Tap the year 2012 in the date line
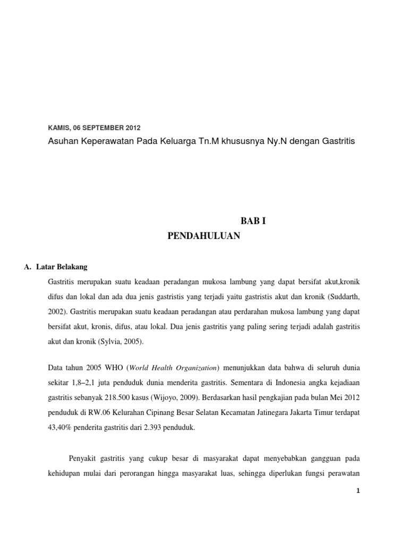[x=134, y=128]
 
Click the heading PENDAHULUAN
[x=204, y=236]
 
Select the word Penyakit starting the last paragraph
[x=84, y=458]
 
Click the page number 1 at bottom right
[x=359, y=492]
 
